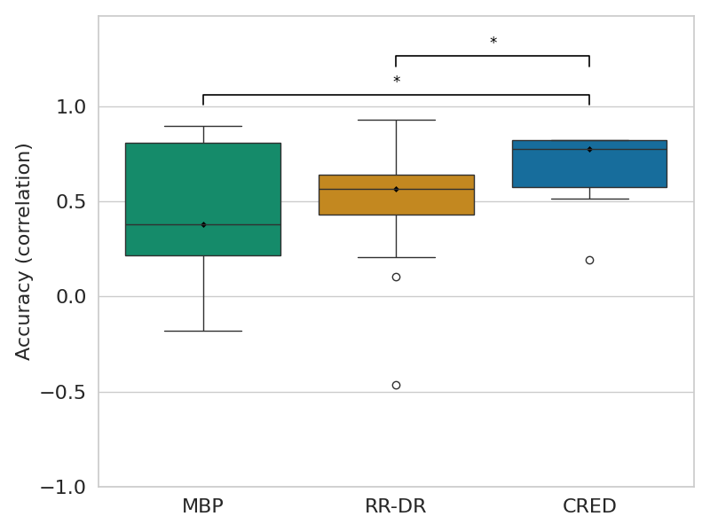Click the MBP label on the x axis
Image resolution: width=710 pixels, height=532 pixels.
[x=202, y=507]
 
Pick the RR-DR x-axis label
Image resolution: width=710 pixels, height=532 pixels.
[x=396, y=507]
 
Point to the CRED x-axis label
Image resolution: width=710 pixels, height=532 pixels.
[x=589, y=507]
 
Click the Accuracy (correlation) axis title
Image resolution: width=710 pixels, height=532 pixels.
[x=24, y=251]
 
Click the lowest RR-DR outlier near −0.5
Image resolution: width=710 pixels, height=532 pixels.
[x=396, y=385]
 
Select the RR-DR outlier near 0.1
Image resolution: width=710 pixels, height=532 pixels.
[x=396, y=277]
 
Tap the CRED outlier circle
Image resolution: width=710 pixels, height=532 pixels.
[x=589, y=260]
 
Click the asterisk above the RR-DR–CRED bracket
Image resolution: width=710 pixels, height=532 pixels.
[x=493, y=42]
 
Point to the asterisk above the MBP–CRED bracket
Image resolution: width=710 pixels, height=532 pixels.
[x=397, y=81]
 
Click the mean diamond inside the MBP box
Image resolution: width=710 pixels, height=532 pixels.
[x=203, y=224]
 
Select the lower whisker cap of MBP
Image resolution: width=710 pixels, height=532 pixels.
[x=203, y=331]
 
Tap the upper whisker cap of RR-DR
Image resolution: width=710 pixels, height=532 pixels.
[x=396, y=120]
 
